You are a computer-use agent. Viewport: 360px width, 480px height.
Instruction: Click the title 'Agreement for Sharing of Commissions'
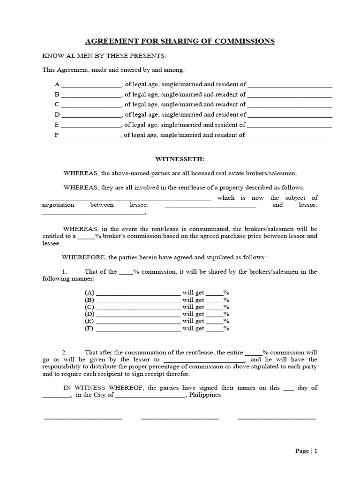(180, 41)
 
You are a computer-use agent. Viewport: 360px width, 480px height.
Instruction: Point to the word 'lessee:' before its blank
(139, 205)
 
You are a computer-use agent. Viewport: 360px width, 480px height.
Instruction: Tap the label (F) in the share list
(90, 329)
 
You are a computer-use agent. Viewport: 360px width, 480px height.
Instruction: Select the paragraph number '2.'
(65, 352)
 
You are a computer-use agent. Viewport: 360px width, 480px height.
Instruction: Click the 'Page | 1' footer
(307, 451)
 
